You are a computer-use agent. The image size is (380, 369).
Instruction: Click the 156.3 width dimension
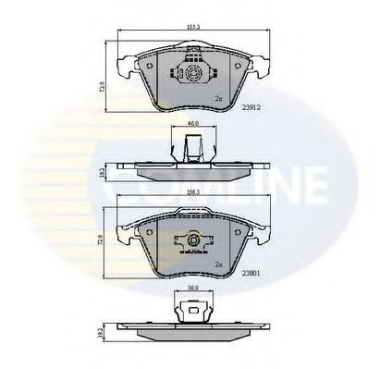[x=190, y=192]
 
